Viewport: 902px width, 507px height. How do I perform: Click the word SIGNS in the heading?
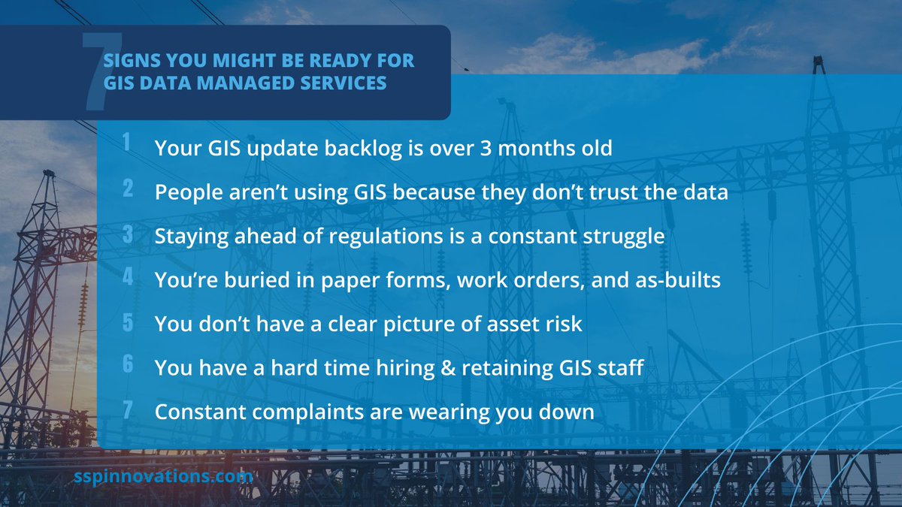(x=130, y=61)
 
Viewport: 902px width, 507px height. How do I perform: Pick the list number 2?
(x=128, y=190)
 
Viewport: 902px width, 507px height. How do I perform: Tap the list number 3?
(x=128, y=234)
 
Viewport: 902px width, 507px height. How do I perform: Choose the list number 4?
(x=128, y=278)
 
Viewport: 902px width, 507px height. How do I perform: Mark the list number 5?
(x=128, y=322)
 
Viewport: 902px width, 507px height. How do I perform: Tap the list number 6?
(x=128, y=366)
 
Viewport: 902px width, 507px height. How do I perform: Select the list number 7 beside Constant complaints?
(x=128, y=410)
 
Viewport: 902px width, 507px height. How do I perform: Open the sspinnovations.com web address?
(x=163, y=477)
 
